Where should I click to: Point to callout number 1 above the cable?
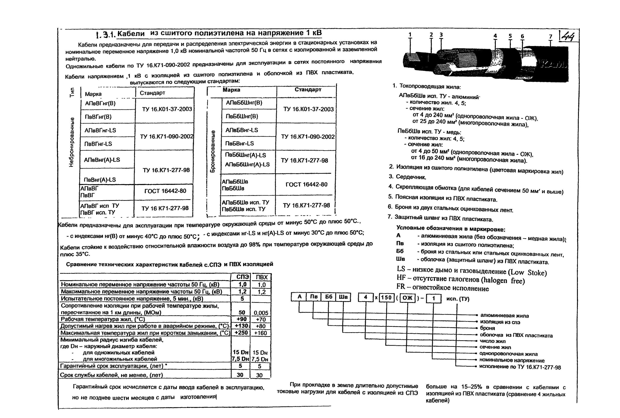click(x=410, y=34)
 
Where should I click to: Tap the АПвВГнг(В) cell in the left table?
click(x=100, y=103)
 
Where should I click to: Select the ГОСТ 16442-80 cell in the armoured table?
click(x=306, y=184)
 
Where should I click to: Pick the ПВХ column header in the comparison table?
click(x=261, y=277)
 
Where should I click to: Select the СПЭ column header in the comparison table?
click(x=242, y=277)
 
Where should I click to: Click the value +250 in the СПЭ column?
click(x=241, y=333)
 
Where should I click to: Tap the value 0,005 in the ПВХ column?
click(x=261, y=313)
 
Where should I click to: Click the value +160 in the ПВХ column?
click(x=261, y=333)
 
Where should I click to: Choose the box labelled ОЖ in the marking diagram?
click(x=407, y=298)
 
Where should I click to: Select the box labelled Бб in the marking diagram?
click(x=328, y=297)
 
